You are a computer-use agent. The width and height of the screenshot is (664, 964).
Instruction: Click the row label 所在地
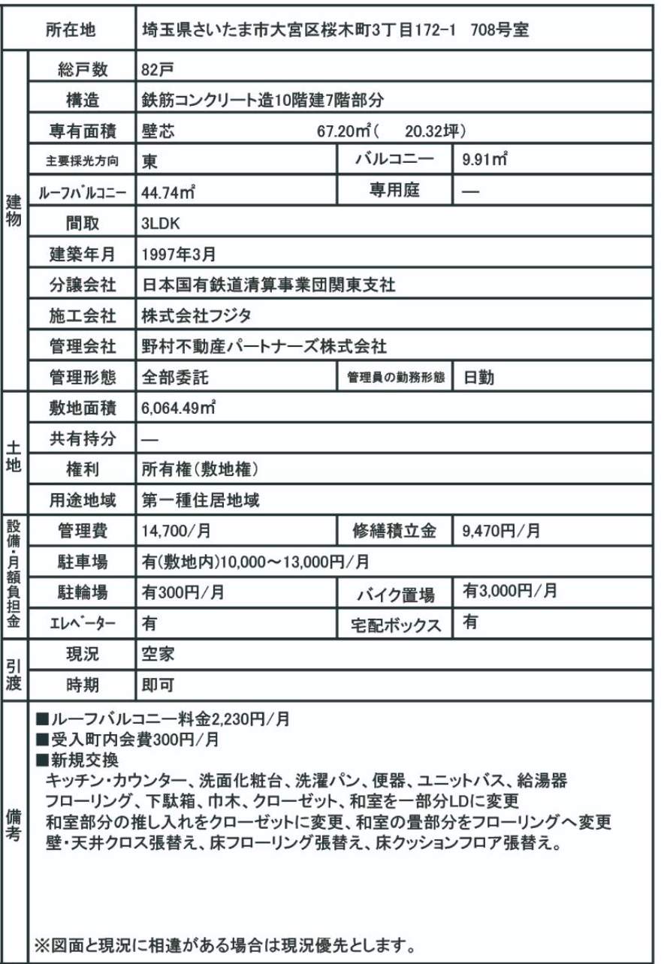(x=71, y=31)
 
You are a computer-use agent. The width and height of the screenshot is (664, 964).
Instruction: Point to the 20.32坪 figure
(x=431, y=131)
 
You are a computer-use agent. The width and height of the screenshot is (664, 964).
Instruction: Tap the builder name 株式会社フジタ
(x=198, y=316)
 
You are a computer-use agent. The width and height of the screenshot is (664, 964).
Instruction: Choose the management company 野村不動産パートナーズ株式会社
(x=264, y=347)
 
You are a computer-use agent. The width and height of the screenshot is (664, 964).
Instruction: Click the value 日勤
(x=478, y=378)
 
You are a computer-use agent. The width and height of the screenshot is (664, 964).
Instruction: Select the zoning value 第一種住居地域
(x=201, y=501)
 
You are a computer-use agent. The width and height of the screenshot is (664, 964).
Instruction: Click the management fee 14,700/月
(x=177, y=532)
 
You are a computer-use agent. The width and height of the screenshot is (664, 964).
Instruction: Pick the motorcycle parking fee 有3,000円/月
(x=510, y=592)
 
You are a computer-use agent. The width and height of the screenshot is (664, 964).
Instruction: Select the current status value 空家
(x=158, y=654)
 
